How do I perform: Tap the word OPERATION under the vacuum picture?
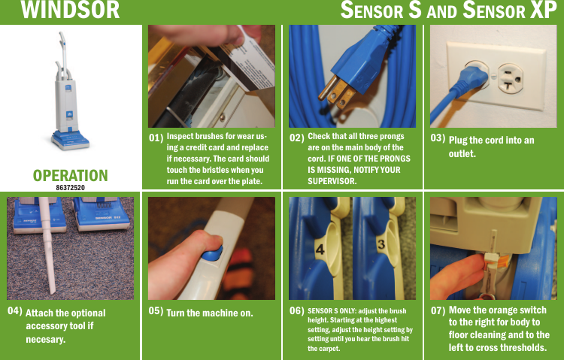71,175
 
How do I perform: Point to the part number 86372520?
71,186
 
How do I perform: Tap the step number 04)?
14,310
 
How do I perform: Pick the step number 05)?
156,310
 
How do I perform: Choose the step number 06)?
297,310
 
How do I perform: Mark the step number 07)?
437,310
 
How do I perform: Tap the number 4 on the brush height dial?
320,247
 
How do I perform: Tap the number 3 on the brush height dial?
381,245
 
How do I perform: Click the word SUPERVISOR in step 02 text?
332,181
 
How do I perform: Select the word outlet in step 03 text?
464,153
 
